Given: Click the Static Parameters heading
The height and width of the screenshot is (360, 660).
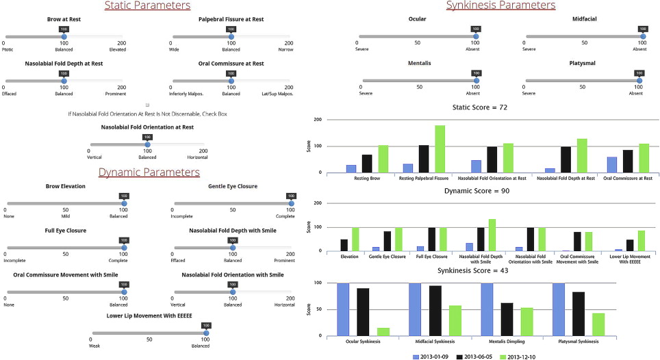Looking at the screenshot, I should tap(147, 6).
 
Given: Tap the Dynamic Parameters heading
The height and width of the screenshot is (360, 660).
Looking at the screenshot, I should tap(149, 172).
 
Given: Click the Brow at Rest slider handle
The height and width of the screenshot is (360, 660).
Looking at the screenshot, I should tap(64, 36).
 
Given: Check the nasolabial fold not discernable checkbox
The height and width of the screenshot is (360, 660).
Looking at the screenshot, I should tap(147, 105).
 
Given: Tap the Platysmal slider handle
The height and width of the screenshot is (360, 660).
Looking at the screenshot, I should tap(639, 79).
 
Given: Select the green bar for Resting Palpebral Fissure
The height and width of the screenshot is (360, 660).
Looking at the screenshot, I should tap(440, 149).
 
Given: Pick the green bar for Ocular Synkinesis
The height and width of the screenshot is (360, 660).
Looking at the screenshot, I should tap(383, 331).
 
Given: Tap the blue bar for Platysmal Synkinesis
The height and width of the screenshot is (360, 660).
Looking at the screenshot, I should tap(559, 309).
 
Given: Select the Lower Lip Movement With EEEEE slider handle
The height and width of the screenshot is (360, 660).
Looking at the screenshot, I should tap(205, 333).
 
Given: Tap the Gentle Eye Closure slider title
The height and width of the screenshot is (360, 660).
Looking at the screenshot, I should tap(232, 186).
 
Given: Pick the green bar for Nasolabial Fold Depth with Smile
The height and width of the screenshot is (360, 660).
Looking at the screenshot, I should tap(491, 234).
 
